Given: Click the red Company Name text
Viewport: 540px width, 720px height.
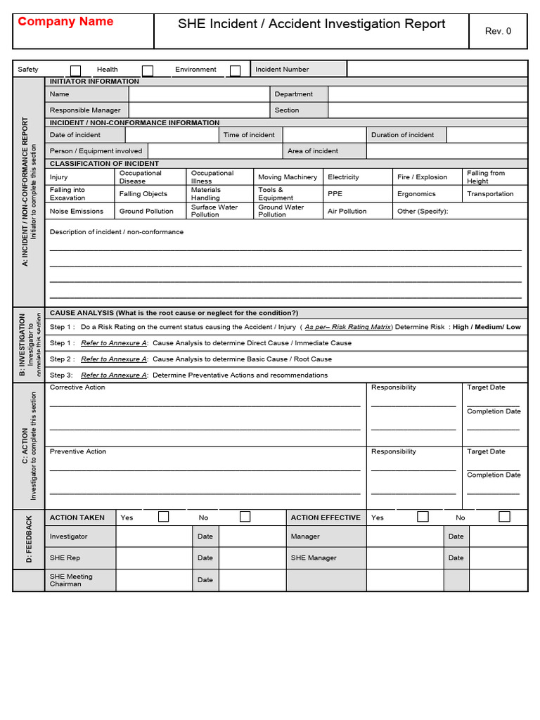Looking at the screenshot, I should point(65,22).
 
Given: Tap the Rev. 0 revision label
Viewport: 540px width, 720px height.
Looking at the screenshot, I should point(498,31).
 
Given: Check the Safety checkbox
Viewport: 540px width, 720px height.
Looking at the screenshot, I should point(76,70).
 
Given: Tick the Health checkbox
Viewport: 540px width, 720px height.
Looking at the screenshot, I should point(148,70).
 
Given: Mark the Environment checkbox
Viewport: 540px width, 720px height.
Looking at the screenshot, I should point(235,70).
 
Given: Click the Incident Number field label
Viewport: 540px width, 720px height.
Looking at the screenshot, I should point(282,70).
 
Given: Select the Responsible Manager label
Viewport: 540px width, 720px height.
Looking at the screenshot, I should point(85,110).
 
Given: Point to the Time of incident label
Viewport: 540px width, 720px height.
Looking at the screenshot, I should point(249,135).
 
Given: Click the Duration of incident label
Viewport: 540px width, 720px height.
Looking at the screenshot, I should point(403,135).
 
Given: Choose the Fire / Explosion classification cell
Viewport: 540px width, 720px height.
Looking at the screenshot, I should point(422,177).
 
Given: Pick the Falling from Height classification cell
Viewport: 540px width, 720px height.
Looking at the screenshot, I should point(486,177).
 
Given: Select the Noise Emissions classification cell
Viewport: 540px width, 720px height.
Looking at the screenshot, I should point(77,211).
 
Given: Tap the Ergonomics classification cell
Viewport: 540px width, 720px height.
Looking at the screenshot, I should point(416,194).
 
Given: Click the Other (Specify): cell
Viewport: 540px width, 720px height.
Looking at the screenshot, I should point(423,211).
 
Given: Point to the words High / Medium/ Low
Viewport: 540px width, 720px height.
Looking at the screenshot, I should point(487,327).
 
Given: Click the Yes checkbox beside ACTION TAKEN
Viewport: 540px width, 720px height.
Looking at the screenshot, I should point(163,517).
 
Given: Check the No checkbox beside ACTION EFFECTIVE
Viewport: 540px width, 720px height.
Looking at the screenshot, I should point(504,517).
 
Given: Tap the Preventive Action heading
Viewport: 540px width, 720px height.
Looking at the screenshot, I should point(78,451).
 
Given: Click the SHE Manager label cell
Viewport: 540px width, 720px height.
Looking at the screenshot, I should point(314,558).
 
